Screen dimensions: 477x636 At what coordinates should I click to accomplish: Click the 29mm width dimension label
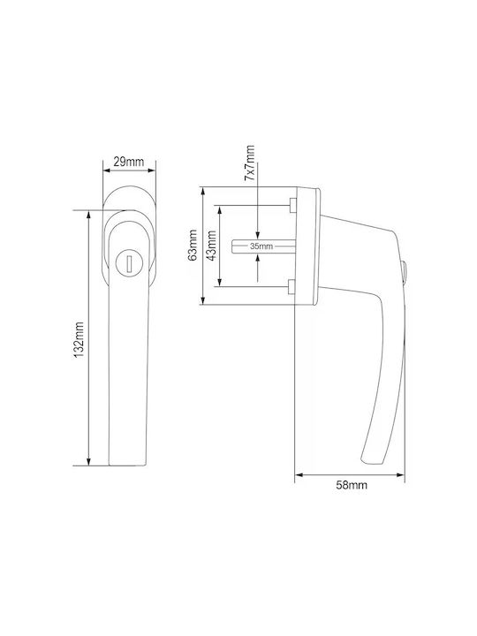click(129, 162)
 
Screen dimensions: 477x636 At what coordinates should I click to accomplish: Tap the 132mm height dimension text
click(79, 340)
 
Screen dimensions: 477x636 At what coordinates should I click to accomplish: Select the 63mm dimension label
click(193, 246)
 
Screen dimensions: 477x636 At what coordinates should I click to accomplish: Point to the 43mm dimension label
click(211, 246)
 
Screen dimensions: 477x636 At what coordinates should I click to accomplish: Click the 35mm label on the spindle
click(261, 246)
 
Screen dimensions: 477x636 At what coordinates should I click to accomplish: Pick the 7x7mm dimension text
click(250, 163)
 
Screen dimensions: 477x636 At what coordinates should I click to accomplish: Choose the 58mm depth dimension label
click(352, 485)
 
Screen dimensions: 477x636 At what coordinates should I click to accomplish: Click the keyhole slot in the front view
click(129, 263)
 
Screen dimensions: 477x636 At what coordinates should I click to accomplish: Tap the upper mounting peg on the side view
click(292, 205)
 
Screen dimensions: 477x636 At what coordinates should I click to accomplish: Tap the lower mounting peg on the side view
click(292, 286)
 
